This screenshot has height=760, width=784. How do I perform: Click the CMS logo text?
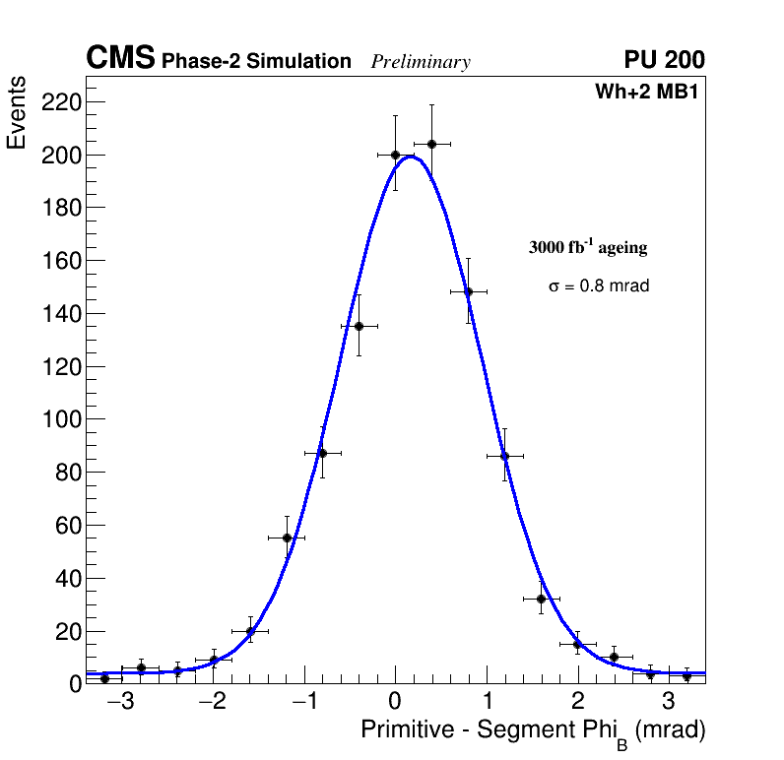tap(120, 59)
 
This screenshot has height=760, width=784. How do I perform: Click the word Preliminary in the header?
tap(421, 62)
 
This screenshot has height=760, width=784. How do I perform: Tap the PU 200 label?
tap(664, 60)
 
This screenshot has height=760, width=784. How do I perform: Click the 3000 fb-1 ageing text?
tap(588, 247)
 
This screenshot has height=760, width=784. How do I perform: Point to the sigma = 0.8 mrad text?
tap(599, 286)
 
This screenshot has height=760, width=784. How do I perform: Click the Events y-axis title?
tap(17, 112)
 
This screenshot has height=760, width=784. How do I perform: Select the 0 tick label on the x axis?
tap(395, 703)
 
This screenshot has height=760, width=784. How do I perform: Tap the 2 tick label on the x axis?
tap(577, 703)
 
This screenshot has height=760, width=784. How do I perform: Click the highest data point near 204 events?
tap(431, 144)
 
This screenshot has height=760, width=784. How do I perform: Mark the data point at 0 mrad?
tap(395, 155)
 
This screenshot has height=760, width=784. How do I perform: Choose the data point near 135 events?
tap(359, 326)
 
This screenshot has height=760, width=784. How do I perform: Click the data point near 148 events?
tap(468, 291)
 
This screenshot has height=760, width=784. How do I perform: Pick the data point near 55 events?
tap(287, 538)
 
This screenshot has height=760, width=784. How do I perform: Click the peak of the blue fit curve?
tap(411, 157)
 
